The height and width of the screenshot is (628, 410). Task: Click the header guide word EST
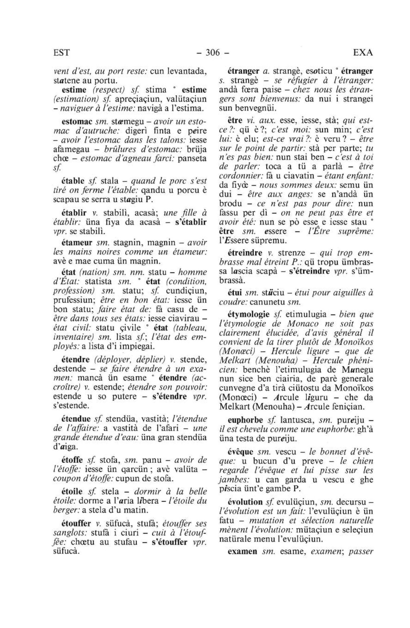(x=62, y=52)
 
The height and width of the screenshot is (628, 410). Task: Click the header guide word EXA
(x=363, y=52)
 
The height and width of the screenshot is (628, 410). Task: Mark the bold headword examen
(x=242, y=551)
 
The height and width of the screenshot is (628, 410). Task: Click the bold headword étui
(x=235, y=293)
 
